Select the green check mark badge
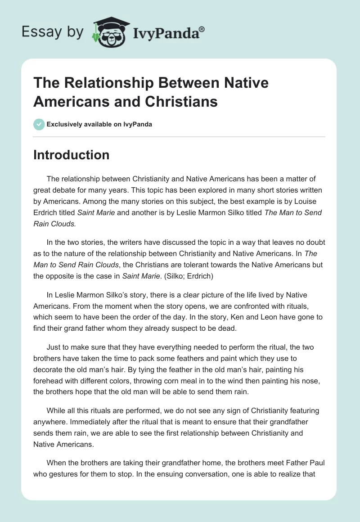(x=39, y=124)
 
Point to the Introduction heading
(x=71, y=155)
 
